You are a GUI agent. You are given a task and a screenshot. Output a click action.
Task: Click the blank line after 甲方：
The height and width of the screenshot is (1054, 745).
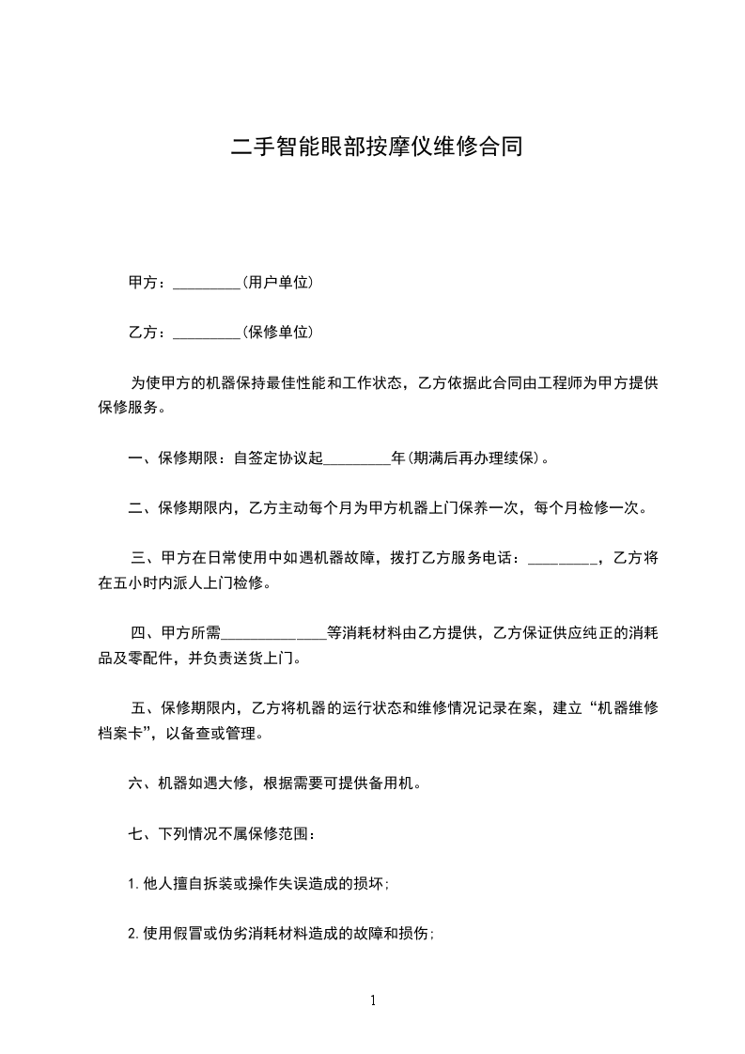tap(208, 283)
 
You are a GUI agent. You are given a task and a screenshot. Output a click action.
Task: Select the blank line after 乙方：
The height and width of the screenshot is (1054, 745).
tap(208, 333)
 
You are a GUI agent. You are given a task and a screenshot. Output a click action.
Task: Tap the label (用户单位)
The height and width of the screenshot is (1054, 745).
tap(278, 283)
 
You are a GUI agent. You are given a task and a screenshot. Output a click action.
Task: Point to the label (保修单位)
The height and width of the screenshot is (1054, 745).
tap(278, 333)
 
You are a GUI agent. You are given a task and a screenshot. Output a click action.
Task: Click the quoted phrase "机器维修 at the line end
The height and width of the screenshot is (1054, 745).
tap(621, 709)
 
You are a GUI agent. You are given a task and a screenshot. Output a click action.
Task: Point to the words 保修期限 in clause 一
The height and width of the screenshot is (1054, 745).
tap(191, 459)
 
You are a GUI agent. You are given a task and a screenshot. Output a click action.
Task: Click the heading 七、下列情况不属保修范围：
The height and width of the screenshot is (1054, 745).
tap(227, 833)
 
